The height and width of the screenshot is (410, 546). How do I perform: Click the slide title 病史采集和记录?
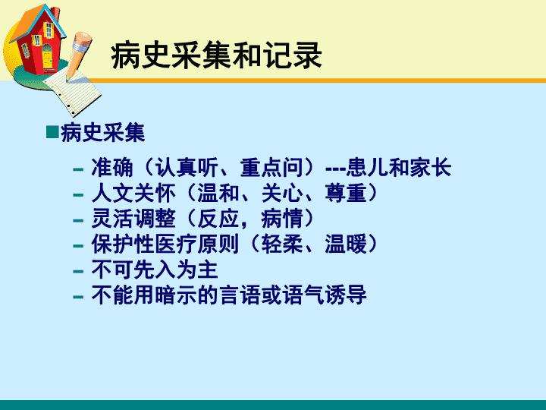click(216, 55)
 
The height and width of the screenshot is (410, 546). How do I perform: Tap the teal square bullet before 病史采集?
click(52, 132)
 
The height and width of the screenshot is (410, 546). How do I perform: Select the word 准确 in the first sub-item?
click(112, 168)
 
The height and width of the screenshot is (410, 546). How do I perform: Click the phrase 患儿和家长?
click(398, 168)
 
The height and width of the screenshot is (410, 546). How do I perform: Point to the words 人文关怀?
click(133, 193)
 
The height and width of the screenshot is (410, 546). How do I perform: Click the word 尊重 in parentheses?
click(346, 193)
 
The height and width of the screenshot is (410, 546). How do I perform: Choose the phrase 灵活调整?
click(133, 219)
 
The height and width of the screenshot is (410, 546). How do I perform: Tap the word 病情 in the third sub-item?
click(282, 219)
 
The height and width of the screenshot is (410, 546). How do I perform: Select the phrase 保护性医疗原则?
click(165, 244)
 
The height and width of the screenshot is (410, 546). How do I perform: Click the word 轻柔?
click(282, 244)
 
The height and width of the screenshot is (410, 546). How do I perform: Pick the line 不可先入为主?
click(155, 270)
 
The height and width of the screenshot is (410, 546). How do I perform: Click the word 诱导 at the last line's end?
click(346, 295)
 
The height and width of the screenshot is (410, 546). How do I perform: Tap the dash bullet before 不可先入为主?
click(78, 271)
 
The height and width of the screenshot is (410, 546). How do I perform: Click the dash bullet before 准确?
click(78, 169)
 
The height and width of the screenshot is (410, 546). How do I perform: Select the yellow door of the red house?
click(47, 57)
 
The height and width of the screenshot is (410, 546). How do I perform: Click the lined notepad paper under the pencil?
click(74, 93)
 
